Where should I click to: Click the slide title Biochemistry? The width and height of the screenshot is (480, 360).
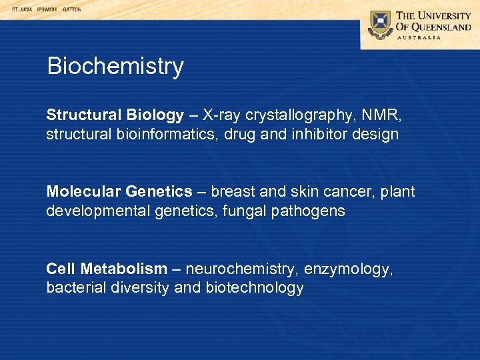[x=115, y=67]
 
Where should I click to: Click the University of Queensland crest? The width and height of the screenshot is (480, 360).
[x=381, y=25]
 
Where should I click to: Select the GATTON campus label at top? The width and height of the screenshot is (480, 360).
[x=72, y=10]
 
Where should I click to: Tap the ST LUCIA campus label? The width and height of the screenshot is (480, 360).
[x=23, y=10]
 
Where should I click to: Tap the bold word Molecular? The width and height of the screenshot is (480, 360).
[x=83, y=192]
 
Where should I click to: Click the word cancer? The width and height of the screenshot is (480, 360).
[x=351, y=192]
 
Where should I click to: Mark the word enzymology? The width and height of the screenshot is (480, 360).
[x=346, y=269]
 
